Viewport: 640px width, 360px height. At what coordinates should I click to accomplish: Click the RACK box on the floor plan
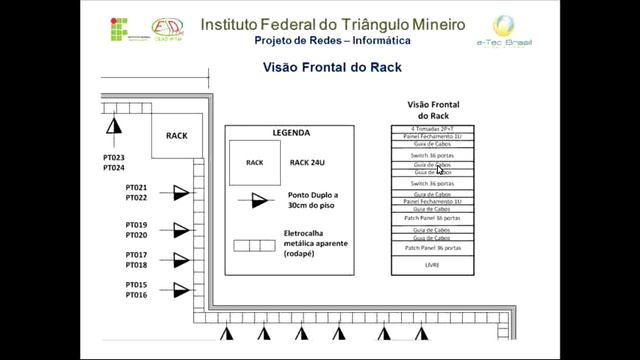(177, 136)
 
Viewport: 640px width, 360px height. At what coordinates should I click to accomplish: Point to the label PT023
(113, 158)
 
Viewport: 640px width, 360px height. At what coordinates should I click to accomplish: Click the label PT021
(137, 188)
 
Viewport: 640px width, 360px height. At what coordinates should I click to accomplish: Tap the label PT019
(137, 225)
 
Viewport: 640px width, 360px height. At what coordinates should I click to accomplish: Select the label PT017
(137, 256)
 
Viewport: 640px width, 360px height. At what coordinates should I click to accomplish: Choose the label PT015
(137, 286)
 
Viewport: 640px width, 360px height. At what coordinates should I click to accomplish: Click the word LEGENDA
(291, 132)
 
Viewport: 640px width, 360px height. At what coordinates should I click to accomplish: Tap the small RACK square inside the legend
(255, 162)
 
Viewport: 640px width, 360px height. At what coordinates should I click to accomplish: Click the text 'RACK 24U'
(307, 162)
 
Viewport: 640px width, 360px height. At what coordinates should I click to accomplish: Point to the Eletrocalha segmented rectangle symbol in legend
(254, 245)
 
